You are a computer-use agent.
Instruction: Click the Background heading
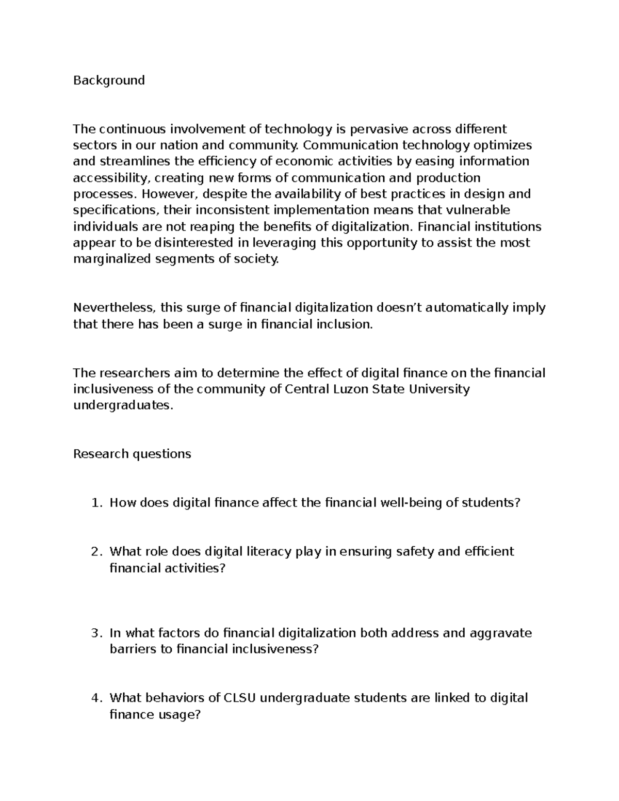click(109, 80)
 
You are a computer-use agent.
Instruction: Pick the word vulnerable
click(478, 210)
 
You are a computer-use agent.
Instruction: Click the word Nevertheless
click(114, 308)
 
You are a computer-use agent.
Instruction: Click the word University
click(439, 389)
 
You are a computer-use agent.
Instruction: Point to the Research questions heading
click(132, 454)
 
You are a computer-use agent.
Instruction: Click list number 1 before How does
click(96, 503)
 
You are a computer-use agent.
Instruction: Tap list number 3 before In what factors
click(96, 633)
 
